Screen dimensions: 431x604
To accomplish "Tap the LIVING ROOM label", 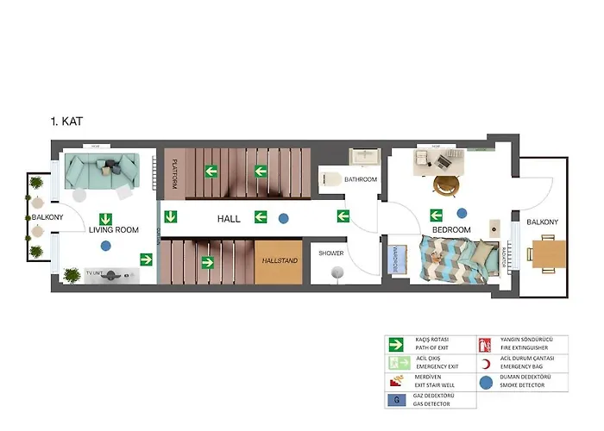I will [114, 229].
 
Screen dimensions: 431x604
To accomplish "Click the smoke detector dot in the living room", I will [105, 247].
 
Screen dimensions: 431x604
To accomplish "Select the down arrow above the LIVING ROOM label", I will [106, 218].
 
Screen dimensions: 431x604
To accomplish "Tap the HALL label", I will [229, 219].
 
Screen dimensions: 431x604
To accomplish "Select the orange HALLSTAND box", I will [279, 260].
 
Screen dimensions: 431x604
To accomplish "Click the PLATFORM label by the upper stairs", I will [175, 172].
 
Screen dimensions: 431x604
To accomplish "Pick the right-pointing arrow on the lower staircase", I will [208, 261].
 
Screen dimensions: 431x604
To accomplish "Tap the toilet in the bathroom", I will [330, 179].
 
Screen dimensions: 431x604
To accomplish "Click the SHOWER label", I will [331, 253].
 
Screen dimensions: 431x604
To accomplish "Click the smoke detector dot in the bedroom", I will [462, 213].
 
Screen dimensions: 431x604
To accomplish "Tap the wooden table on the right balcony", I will [548, 253].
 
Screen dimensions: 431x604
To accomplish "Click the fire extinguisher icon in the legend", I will [484, 344].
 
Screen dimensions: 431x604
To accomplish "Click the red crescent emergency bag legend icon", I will [484, 362].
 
